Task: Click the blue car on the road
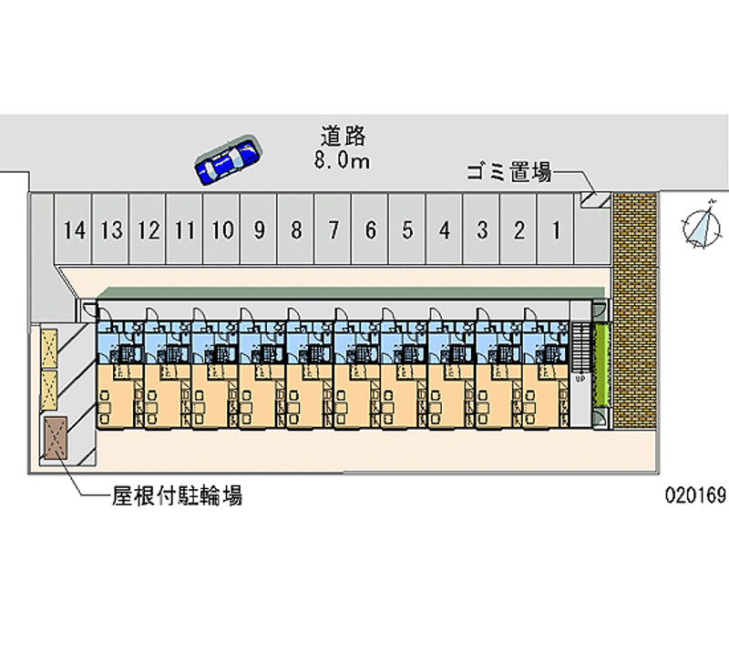pyautogui.click(x=228, y=160)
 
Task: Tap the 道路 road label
pyautogui.click(x=344, y=137)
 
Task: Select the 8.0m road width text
pyautogui.click(x=344, y=161)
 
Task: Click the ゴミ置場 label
pyautogui.click(x=508, y=171)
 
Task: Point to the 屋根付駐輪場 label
pyautogui.click(x=177, y=496)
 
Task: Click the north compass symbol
pyautogui.click(x=700, y=226)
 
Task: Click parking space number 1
pyautogui.click(x=555, y=230)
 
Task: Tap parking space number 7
pyautogui.click(x=334, y=230)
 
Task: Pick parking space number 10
pyautogui.click(x=221, y=230)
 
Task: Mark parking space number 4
pyautogui.click(x=444, y=230)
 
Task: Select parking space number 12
pyautogui.click(x=149, y=230)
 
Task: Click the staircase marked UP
pyautogui.click(x=580, y=355)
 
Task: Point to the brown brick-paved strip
pyautogui.click(x=634, y=310)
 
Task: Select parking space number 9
pyautogui.click(x=259, y=230)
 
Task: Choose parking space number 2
pyautogui.click(x=519, y=230)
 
